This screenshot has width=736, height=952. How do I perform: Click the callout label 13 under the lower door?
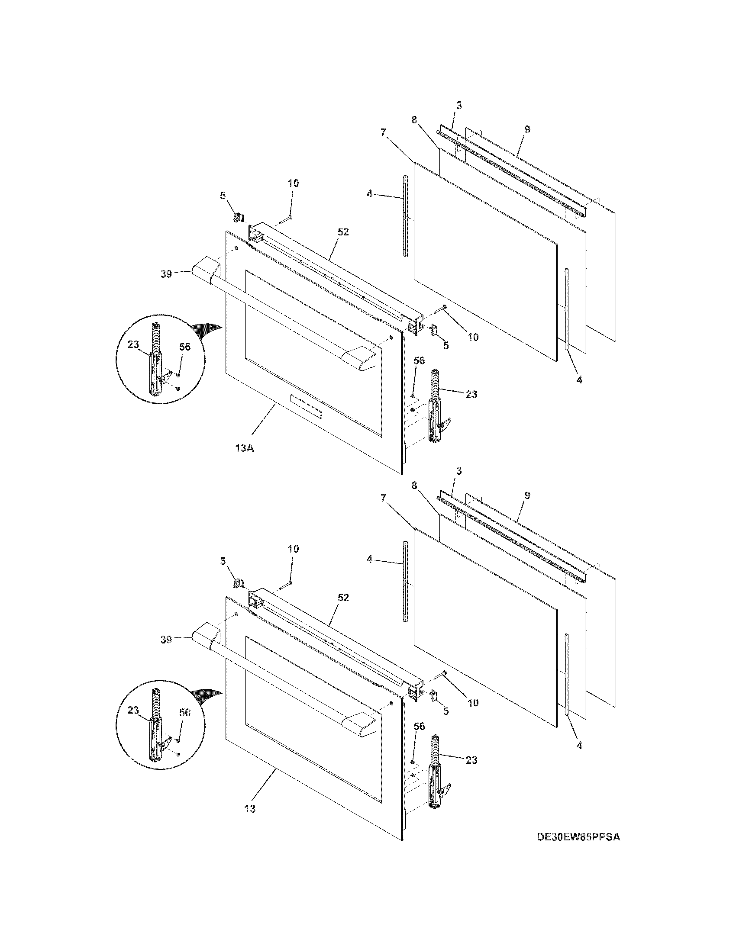coord(249,809)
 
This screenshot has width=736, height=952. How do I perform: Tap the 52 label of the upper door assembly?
coord(343,232)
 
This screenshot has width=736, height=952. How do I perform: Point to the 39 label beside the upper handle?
coord(166,275)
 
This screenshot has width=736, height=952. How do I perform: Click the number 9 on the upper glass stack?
coord(527,129)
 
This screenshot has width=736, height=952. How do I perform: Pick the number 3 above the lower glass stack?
coord(458,471)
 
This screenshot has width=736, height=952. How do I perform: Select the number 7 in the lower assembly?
coord(383,498)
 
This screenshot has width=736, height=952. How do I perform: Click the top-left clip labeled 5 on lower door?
coord(239,582)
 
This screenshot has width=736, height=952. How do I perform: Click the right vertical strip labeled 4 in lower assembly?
coord(566,675)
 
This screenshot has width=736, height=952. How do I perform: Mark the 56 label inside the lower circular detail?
coord(185,712)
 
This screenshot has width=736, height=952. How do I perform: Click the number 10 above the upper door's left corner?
coord(294,183)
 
